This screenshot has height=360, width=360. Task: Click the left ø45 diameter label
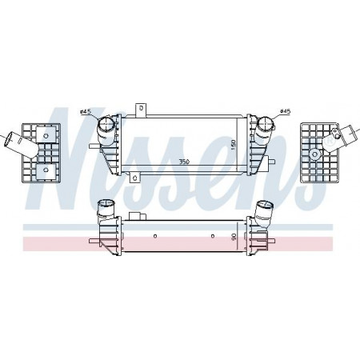[x=86, y=112]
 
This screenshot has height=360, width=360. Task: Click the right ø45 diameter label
[x=285, y=111]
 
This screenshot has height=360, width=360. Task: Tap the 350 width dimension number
[x=184, y=162]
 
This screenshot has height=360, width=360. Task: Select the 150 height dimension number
[x=234, y=145]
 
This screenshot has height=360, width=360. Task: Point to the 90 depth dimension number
[x=234, y=237]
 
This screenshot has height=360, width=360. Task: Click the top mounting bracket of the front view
[x=141, y=110]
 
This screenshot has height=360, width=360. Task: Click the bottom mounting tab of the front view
[x=135, y=178]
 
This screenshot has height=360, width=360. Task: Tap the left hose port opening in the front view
[x=106, y=122]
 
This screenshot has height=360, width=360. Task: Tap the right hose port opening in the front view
[x=266, y=122]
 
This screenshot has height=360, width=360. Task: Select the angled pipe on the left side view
[x=21, y=145]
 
